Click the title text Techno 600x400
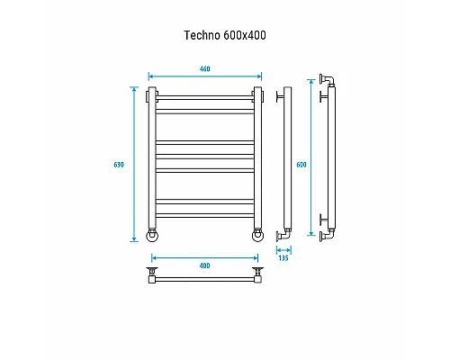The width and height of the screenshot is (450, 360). [x=224, y=36]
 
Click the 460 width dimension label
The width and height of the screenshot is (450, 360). [x=204, y=69]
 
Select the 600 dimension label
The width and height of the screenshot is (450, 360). [x=301, y=164]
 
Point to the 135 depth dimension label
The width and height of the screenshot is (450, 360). [x=284, y=256]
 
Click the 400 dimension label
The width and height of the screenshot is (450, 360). [x=204, y=265]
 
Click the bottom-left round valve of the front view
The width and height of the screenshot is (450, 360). [x=153, y=236]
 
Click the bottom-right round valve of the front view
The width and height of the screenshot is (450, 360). [x=257, y=236]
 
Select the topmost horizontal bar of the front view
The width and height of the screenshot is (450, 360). [x=205, y=94]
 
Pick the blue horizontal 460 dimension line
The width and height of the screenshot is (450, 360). [x=204, y=77]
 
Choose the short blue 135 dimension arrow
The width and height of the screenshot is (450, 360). [x=284, y=248]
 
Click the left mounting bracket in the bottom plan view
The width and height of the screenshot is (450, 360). [x=153, y=273]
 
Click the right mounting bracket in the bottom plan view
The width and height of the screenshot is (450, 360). [x=258, y=273]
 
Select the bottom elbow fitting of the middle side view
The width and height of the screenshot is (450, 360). [x=286, y=231]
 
